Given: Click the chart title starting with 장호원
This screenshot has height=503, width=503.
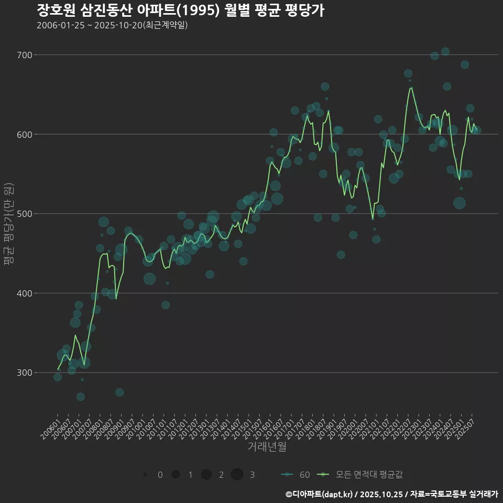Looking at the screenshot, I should pyautogui.click(x=180, y=10).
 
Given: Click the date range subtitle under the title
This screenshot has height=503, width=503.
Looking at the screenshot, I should pyautogui.click(x=112, y=25).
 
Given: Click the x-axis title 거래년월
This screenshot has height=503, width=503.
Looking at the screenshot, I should pyautogui.click(x=267, y=447).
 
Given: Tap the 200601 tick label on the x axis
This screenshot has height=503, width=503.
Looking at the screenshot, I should pyautogui.click(x=50, y=425).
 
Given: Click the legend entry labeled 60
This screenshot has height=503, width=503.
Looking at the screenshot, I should pyautogui.click(x=296, y=475).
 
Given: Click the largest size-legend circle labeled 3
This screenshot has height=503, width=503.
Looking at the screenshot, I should pyautogui.click(x=237, y=475).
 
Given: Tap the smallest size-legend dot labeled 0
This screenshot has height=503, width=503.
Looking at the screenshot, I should pyautogui.click(x=145, y=475).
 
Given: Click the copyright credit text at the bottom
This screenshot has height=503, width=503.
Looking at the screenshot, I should pyautogui.click(x=392, y=494).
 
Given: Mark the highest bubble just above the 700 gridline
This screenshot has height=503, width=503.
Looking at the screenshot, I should pyautogui.click(x=445, y=51).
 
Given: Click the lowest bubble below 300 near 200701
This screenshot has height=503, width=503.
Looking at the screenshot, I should pyautogui.click(x=80, y=397).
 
